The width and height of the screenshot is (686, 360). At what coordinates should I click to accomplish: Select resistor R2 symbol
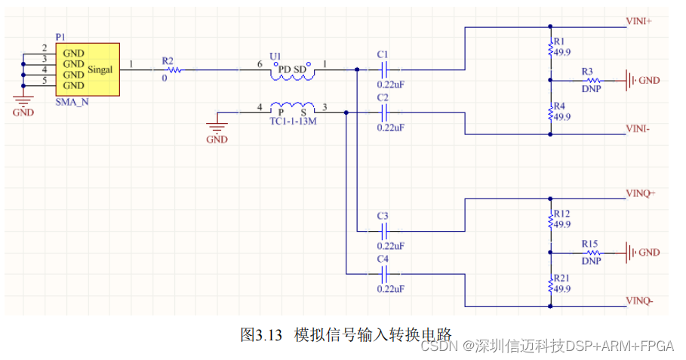pyautogui.click(x=174, y=70)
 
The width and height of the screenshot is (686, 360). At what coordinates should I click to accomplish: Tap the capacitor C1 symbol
pyautogui.click(x=383, y=70)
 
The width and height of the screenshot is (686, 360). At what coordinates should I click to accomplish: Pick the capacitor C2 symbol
pyautogui.click(x=383, y=112)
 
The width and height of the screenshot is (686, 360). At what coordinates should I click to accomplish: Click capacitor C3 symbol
pyautogui.click(x=383, y=230)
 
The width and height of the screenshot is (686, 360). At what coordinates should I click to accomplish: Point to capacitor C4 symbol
pyautogui.click(x=383, y=273)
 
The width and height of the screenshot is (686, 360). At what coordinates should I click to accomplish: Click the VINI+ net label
pyautogui.click(x=638, y=21)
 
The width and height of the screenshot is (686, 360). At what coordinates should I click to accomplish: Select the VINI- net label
pyautogui.click(x=638, y=129)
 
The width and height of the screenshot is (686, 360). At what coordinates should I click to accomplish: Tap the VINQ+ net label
pyautogui.click(x=640, y=193)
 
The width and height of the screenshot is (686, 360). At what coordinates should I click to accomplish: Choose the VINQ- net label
pyautogui.click(x=639, y=301)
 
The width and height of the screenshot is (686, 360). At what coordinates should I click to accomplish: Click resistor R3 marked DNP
pyautogui.click(x=592, y=80)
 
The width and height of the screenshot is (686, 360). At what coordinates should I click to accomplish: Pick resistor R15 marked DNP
pyautogui.click(x=592, y=252)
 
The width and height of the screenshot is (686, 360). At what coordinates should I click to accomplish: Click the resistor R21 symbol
pyautogui.click(x=551, y=285)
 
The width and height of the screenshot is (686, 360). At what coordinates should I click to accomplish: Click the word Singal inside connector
pyautogui.click(x=100, y=69)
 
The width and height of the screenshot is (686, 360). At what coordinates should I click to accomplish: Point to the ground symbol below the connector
pyautogui.click(x=23, y=102)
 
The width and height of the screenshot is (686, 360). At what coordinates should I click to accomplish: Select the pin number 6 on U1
pyautogui.click(x=260, y=65)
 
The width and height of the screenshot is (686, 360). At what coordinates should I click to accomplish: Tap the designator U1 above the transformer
pyautogui.click(x=275, y=56)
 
